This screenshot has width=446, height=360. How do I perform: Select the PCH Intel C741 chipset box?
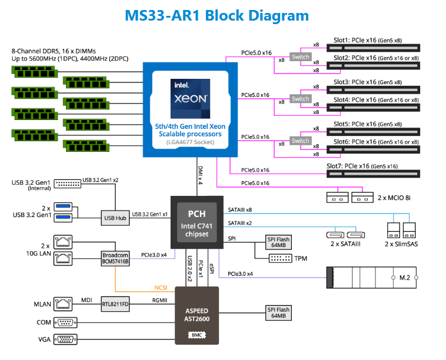click(x=197, y=221)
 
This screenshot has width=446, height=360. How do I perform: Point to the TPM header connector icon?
click(x=281, y=258)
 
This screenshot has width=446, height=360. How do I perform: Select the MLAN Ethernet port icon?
click(x=62, y=304)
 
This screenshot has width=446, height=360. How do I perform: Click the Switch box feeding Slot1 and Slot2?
click(x=301, y=57)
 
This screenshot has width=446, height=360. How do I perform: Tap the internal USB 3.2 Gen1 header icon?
click(x=68, y=184)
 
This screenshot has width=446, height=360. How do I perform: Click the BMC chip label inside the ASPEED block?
click(x=197, y=335)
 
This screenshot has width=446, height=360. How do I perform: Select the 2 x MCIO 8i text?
click(x=394, y=199)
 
